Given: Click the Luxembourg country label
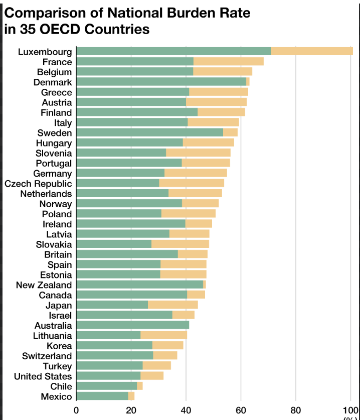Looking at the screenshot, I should pyautogui.click(x=45, y=52).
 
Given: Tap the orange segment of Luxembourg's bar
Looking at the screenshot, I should pyautogui.click(x=312, y=51).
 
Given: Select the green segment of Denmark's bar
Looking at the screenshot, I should pyautogui.click(x=161, y=82).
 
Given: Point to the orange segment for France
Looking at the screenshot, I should pyautogui.click(x=229, y=62).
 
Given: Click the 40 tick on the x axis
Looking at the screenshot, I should pyautogui.click(x=186, y=409).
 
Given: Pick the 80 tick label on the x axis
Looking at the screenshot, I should pyautogui.click(x=296, y=409).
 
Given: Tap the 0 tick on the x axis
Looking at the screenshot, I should pyautogui.click(x=76, y=409).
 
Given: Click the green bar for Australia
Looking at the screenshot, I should pyautogui.click(x=133, y=325).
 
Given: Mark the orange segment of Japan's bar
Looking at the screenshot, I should pyautogui.click(x=173, y=305).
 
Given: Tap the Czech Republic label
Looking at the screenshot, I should pyautogui.click(x=38, y=184).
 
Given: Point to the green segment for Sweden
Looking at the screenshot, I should pyautogui.click(x=150, y=132).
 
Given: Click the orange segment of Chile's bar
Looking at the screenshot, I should pyautogui.click(x=140, y=386).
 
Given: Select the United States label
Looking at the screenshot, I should pyautogui.click(x=43, y=376).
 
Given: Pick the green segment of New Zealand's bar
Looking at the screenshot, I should pyautogui.click(x=140, y=285).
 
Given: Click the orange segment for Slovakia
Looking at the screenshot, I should pyautogui.click(x=180, y=244).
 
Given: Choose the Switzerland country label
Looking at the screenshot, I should pyautogui.click(x=47, y=356).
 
